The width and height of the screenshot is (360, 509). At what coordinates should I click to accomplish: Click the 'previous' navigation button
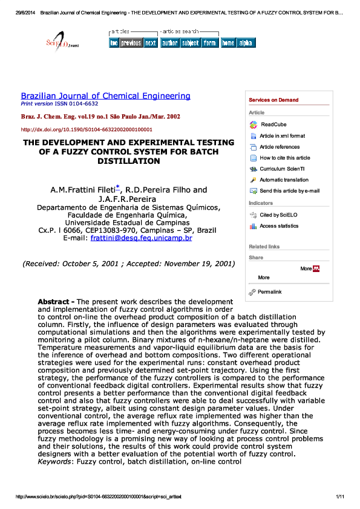pos(131,43)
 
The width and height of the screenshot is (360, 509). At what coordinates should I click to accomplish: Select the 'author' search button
pos(169,43)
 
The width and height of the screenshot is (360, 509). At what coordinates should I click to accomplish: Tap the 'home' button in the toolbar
pos(227,43)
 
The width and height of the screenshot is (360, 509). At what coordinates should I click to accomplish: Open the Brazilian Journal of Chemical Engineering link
pos(105,96)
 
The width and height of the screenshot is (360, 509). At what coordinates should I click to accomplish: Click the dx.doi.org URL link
pos(87,129)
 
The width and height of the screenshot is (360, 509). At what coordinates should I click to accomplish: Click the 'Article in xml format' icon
pos(254,136)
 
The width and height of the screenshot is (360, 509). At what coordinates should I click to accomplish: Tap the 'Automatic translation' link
pos(284,180)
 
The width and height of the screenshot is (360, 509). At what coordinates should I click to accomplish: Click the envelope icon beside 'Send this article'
pos(254,190)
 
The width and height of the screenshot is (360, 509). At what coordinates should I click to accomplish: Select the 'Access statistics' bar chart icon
pos(254,226)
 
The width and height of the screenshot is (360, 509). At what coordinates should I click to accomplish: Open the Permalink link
pos(269,292)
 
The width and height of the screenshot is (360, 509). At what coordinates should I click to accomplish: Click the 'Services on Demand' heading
pos(273,100)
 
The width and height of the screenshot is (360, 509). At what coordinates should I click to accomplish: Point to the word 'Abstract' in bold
pos(56,301)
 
